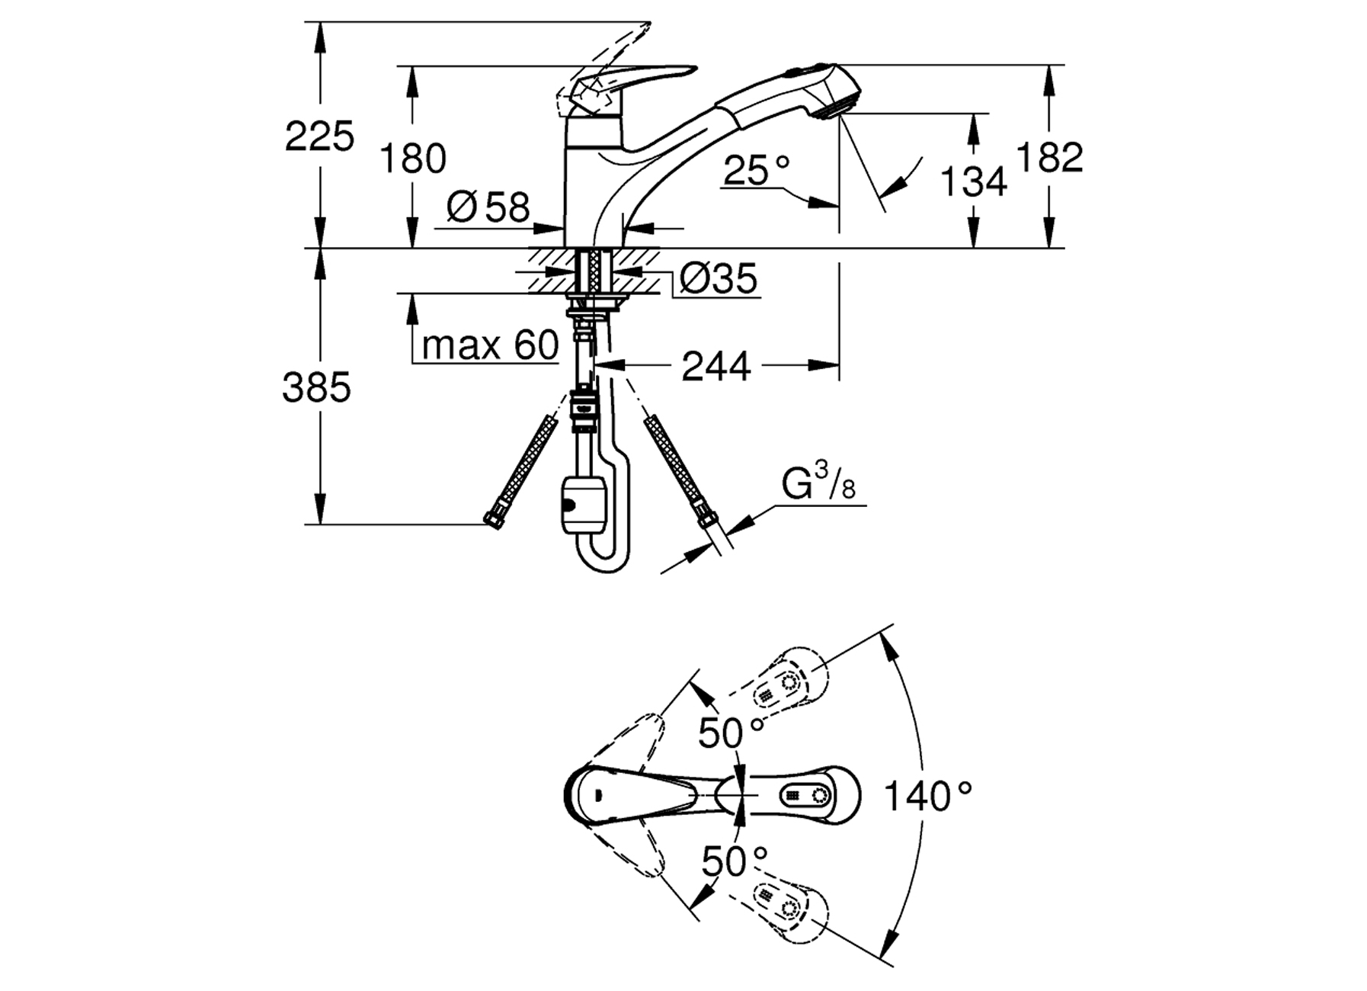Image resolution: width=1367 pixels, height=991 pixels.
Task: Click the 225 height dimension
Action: click(319, 137)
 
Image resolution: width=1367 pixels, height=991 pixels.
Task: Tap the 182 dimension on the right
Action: click(1049, 158)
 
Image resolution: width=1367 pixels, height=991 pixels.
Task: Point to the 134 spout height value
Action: click(973, 181)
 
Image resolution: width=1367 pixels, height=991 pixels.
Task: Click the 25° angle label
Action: click(757, 171)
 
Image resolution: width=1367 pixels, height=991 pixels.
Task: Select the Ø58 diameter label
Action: click(488, 207)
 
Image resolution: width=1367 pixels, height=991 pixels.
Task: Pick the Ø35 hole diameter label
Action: click(719, 279)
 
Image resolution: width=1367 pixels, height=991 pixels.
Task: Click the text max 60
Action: click(490, 345)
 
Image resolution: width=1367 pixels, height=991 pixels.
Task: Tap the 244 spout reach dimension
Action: click(716, 367)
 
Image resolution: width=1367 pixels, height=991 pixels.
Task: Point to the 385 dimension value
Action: click(316, 388)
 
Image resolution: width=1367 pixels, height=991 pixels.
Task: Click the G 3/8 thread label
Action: click(818, 485)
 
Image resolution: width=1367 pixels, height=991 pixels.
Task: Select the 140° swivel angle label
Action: click(927, 797)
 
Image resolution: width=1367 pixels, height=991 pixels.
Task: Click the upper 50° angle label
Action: click(731, 733)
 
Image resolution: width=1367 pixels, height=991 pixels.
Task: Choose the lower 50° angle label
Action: click(734, 862)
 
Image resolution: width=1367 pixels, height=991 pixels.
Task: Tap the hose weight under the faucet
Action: click(582, 505)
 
